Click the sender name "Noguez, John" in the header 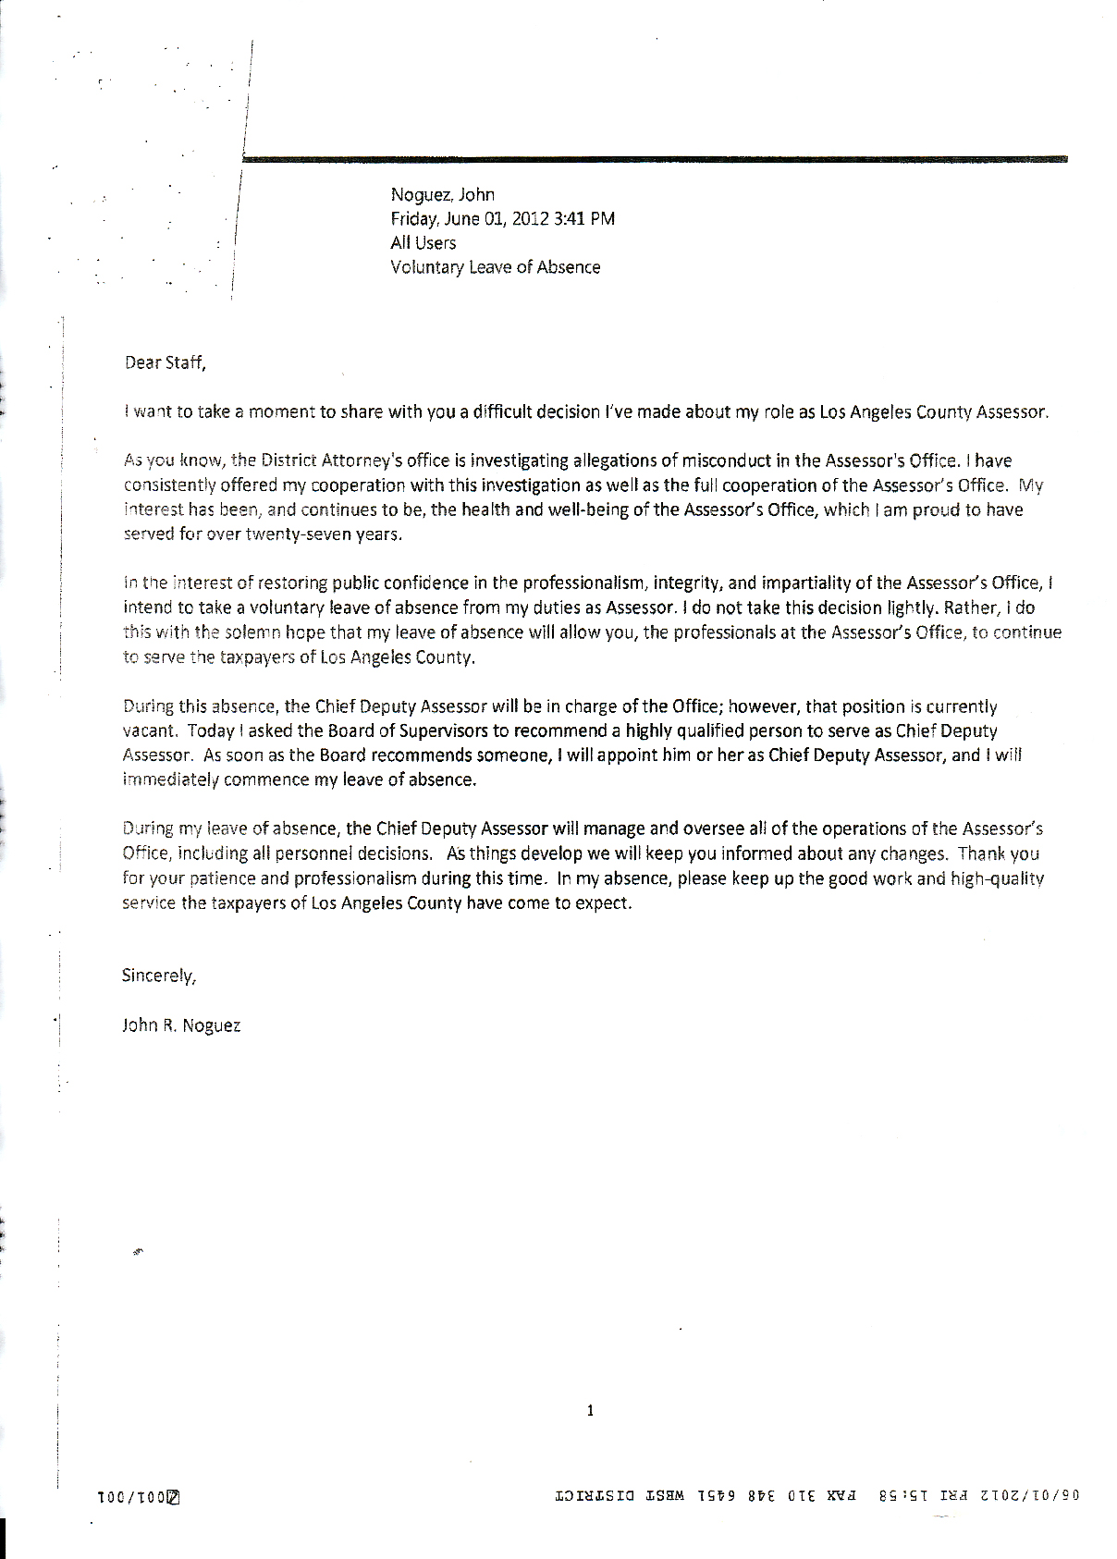[x=442, y=195]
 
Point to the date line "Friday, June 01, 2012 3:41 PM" [x=502, y=219]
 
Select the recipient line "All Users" [x=423, y=243]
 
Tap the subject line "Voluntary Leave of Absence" [x=495, y=267]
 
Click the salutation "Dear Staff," [x=164, y=362]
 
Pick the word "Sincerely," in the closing [x=158, y=976]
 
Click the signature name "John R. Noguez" [x=181, y=1025]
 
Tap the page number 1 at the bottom [x=590, y=1410]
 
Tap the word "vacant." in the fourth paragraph [x=150, y=730]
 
